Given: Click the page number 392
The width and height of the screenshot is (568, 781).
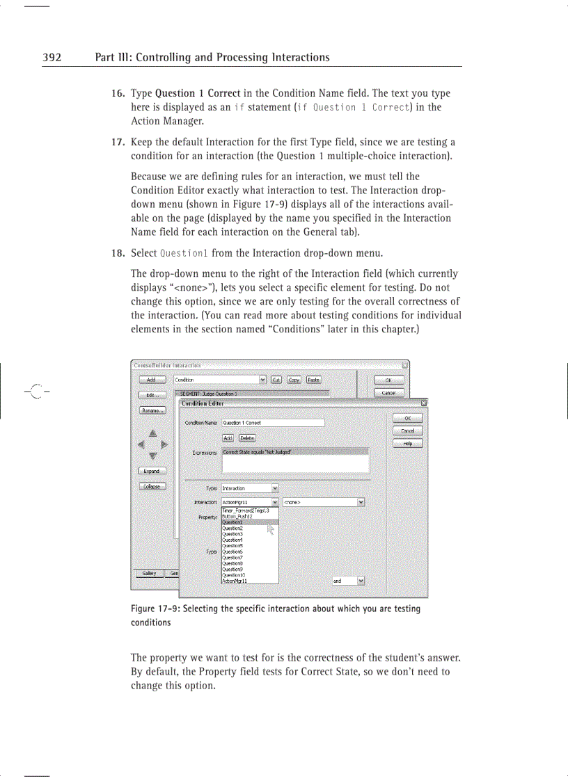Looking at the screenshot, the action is [52, 57].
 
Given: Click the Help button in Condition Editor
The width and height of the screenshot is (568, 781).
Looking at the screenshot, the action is [407, 444].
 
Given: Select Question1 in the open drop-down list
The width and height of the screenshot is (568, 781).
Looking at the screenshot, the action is [233, 522].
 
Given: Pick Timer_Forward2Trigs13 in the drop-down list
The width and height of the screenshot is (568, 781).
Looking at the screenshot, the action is [245, 510].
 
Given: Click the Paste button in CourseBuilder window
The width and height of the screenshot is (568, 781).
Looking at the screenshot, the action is [313, 380].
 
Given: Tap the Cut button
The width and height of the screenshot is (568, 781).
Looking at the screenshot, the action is [276, 380].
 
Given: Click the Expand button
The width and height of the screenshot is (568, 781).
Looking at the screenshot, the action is [151, 471].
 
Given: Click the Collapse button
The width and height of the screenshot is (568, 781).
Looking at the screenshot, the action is [151, 486].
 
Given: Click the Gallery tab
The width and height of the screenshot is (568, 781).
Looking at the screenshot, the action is [149, 573].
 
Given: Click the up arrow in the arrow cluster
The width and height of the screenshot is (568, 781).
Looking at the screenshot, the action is [152, 433].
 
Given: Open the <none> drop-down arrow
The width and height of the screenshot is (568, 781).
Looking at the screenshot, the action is [361, 502].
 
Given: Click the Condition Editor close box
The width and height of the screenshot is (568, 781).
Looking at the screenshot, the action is [424, 403].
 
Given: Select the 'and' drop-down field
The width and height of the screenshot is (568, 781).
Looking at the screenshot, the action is [343, 581].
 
